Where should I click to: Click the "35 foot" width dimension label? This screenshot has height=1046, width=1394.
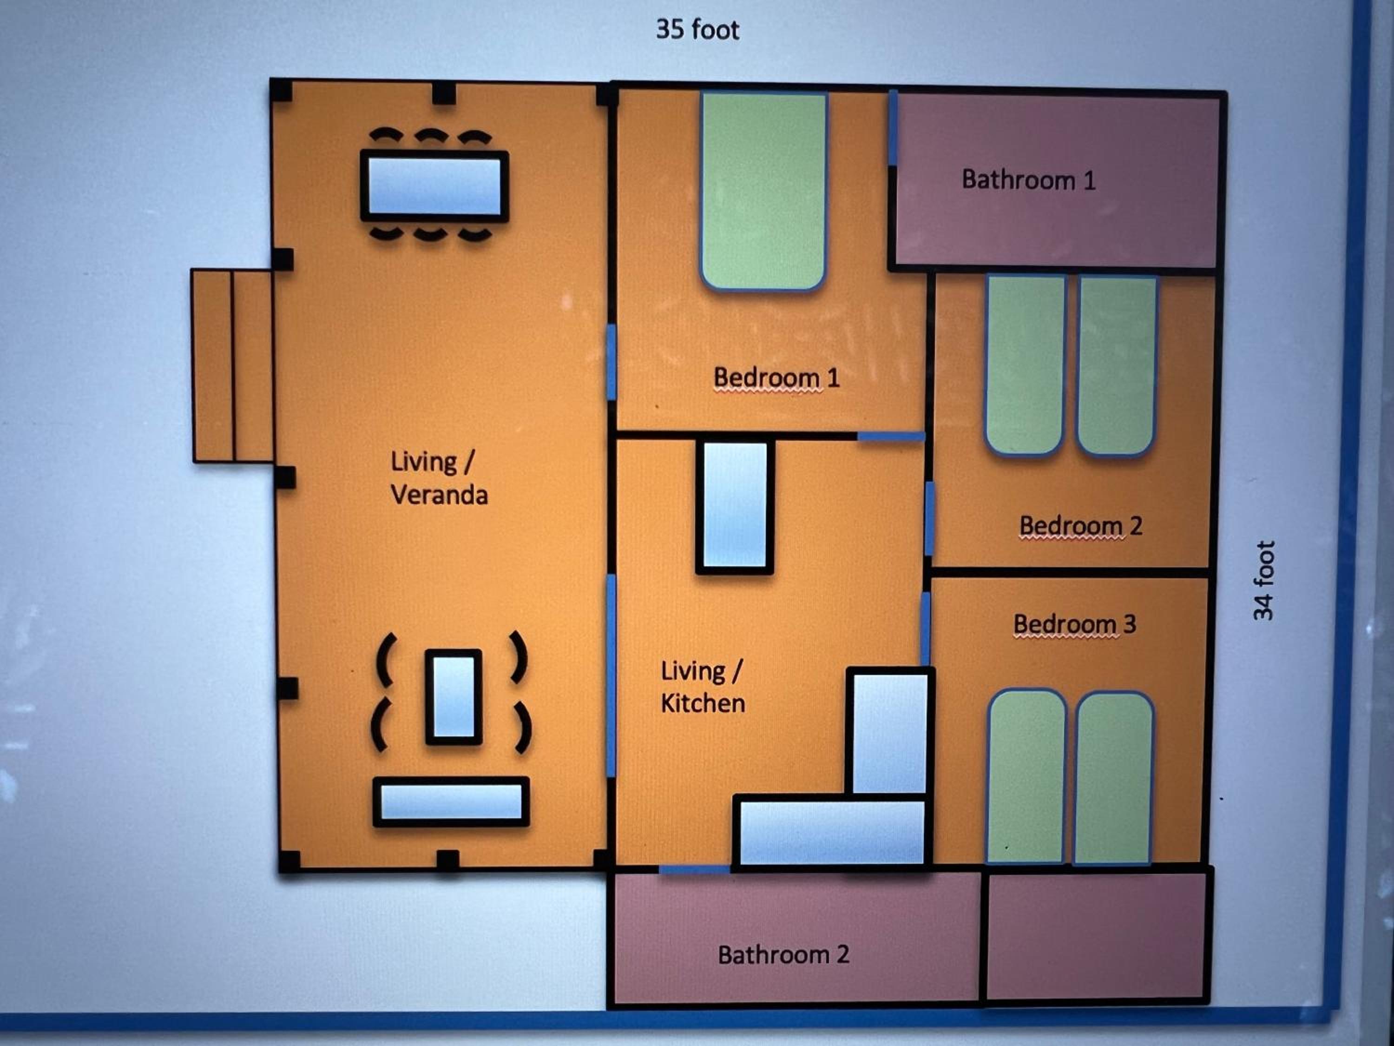(697, 30)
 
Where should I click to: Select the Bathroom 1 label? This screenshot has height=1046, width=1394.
(1028, 180)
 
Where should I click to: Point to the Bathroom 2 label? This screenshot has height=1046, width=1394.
(783, 954)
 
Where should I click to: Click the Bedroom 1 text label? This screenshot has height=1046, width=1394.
(776, 377)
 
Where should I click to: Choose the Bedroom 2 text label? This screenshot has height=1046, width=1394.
(1081, 525)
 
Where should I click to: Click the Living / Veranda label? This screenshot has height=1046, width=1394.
(439, 478)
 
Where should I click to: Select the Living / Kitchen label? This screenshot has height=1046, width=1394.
(703, 687)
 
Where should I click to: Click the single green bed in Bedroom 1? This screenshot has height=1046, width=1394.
(763, 192)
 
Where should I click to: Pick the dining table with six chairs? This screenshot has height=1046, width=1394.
(434, 186)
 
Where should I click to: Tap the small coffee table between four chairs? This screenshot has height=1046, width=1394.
(454, 697)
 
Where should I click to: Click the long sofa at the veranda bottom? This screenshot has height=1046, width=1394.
(451, 801)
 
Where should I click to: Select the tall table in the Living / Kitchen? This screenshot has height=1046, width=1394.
(734, 507)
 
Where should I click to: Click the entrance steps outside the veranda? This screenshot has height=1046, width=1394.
(232, 366)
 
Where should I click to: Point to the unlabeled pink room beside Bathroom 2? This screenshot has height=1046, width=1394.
(1095, 936)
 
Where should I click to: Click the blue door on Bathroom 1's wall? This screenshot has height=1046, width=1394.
(893, 128)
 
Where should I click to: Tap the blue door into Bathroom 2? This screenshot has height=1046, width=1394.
(695, 870)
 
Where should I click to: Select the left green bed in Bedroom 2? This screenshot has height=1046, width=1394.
(1026, 364)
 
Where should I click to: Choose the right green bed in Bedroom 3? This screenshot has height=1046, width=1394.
(1113, 778)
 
